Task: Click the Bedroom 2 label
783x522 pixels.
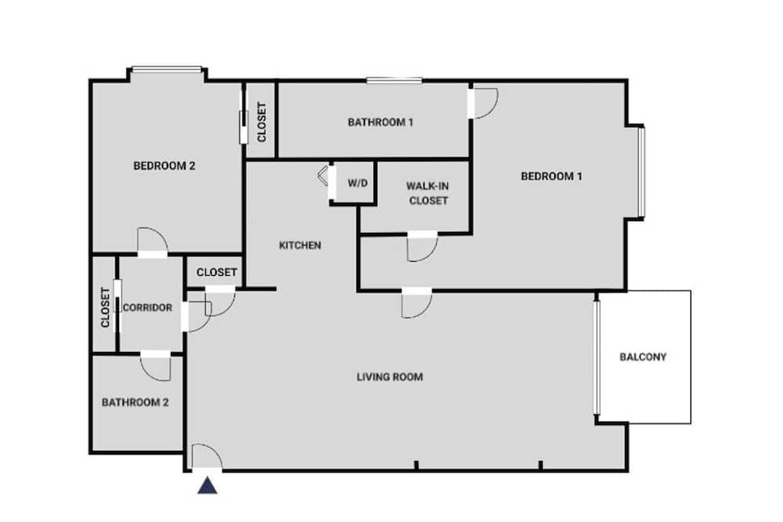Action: pos(164,165)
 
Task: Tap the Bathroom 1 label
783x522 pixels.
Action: pos(381,122)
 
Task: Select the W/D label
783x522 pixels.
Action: pos(358,183)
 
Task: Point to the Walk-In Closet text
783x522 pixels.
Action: pos(428,193)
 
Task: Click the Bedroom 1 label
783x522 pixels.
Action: pos(551,176)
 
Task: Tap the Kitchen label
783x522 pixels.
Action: pos(300,245)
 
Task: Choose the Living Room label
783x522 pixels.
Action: pos(389,376)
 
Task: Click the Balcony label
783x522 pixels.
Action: pos(643,357)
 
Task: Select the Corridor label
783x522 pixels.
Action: pos(147,307)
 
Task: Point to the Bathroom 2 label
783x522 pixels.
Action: pos(135,402)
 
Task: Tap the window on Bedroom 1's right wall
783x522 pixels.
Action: pos(642,172)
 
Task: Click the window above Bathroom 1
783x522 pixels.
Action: pos(394,79)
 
